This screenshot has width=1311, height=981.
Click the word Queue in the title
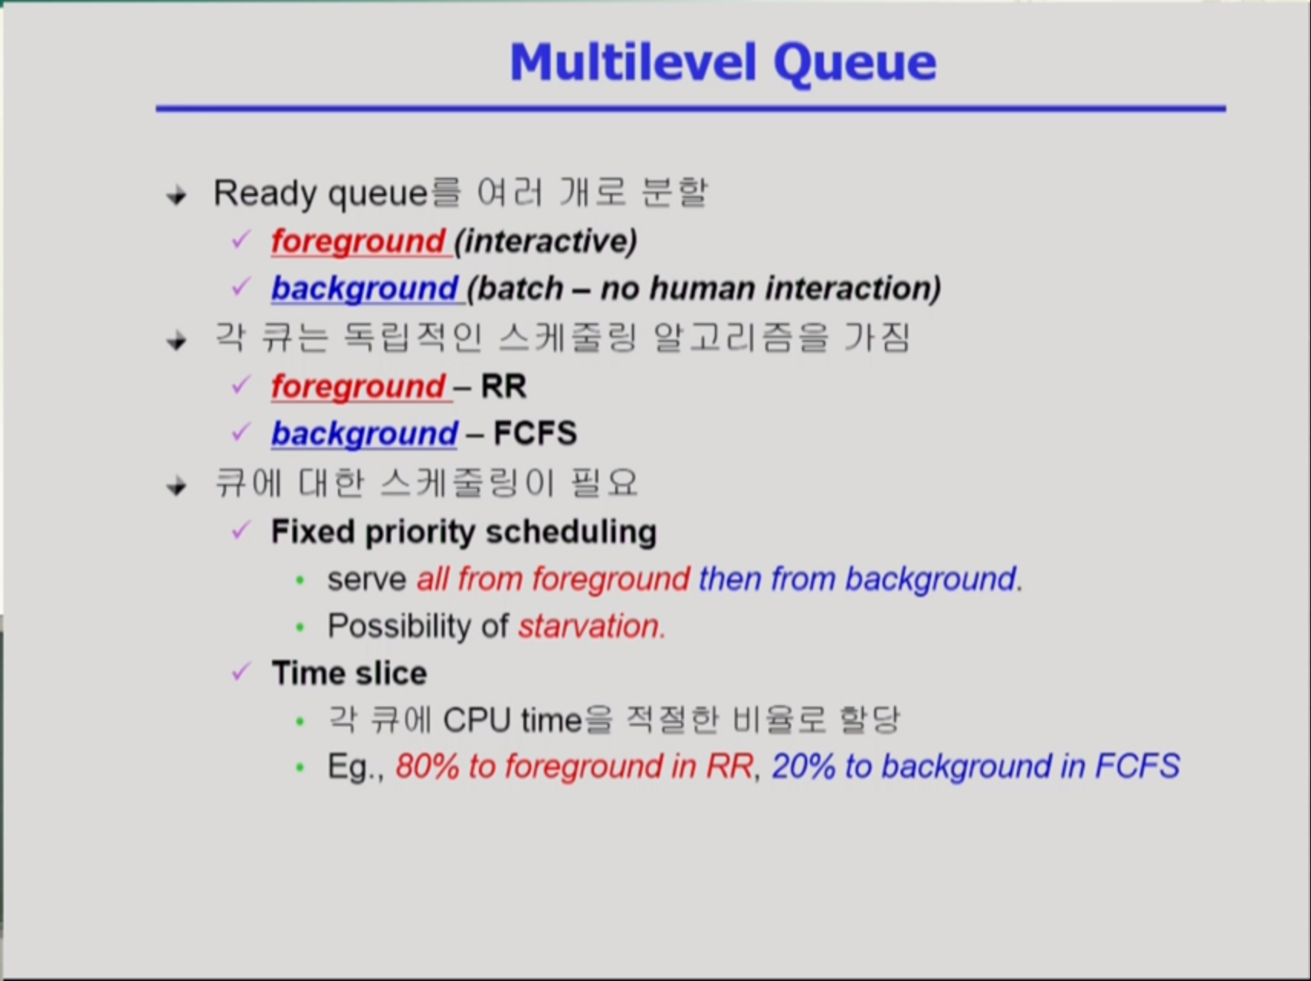click(855, 64)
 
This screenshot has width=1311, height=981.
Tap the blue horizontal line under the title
click(690, 109)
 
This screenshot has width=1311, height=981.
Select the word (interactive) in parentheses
click(546, 241)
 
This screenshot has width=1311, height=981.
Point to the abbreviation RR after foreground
click(503, 386)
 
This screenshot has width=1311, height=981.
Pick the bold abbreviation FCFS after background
click(535, 434)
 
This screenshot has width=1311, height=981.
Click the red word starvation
click(591, 626)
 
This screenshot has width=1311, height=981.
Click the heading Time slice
click(349, 674)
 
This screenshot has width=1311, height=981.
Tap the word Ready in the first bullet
click(266, 194)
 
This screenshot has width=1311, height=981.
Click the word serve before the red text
click(366, 579)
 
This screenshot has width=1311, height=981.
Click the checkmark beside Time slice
click(241, 672)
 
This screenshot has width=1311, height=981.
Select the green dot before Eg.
click(300, 767)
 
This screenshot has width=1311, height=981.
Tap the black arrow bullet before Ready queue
click(177, 196)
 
